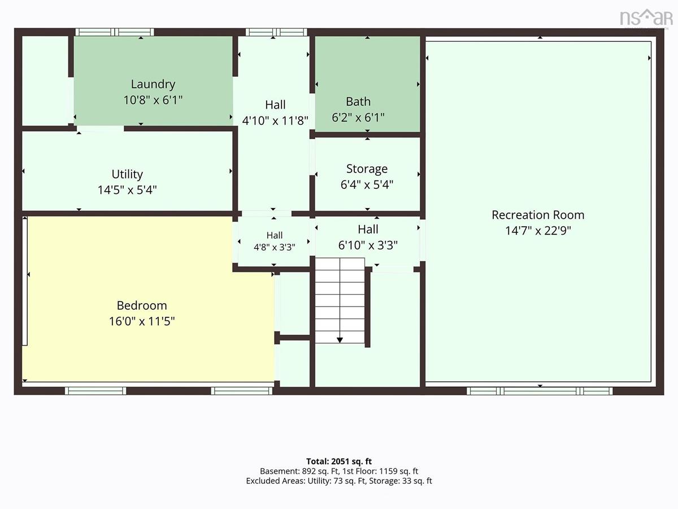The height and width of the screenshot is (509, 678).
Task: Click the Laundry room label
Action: pos(153,84)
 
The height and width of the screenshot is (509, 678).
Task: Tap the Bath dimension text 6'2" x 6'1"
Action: pos(358,118)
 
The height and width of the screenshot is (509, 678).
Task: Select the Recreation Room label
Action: pos(538,215)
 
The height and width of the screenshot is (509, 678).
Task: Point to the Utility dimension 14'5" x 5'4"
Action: pos(127,190)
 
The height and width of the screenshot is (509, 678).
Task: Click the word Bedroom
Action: pos(142,305)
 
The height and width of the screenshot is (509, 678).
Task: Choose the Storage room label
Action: pos(367,169)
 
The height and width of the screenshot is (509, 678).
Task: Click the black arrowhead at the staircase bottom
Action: pos(340,340)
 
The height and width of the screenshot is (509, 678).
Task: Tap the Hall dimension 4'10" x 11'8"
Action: pos(275,120)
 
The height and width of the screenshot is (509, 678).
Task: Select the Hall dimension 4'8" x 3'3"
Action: pos(274,247)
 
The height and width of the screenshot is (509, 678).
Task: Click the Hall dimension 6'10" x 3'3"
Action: pos(368,245)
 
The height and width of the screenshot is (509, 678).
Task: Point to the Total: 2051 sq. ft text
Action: pos(339,461)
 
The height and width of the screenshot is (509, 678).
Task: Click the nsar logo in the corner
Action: pos(646,19)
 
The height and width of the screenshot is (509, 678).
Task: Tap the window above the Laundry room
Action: pos(115,32)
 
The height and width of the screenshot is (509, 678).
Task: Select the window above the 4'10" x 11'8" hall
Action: pos(276,32)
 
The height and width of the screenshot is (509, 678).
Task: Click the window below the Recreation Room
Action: pos(540,391)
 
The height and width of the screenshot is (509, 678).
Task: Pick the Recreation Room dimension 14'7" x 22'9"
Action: pos(538,231)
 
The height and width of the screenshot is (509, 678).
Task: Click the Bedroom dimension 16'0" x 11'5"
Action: pos(142,321)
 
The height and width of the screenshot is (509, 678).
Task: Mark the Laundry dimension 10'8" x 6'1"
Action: pos(153,100)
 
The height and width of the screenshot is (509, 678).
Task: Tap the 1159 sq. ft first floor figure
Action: pos(398,471)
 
